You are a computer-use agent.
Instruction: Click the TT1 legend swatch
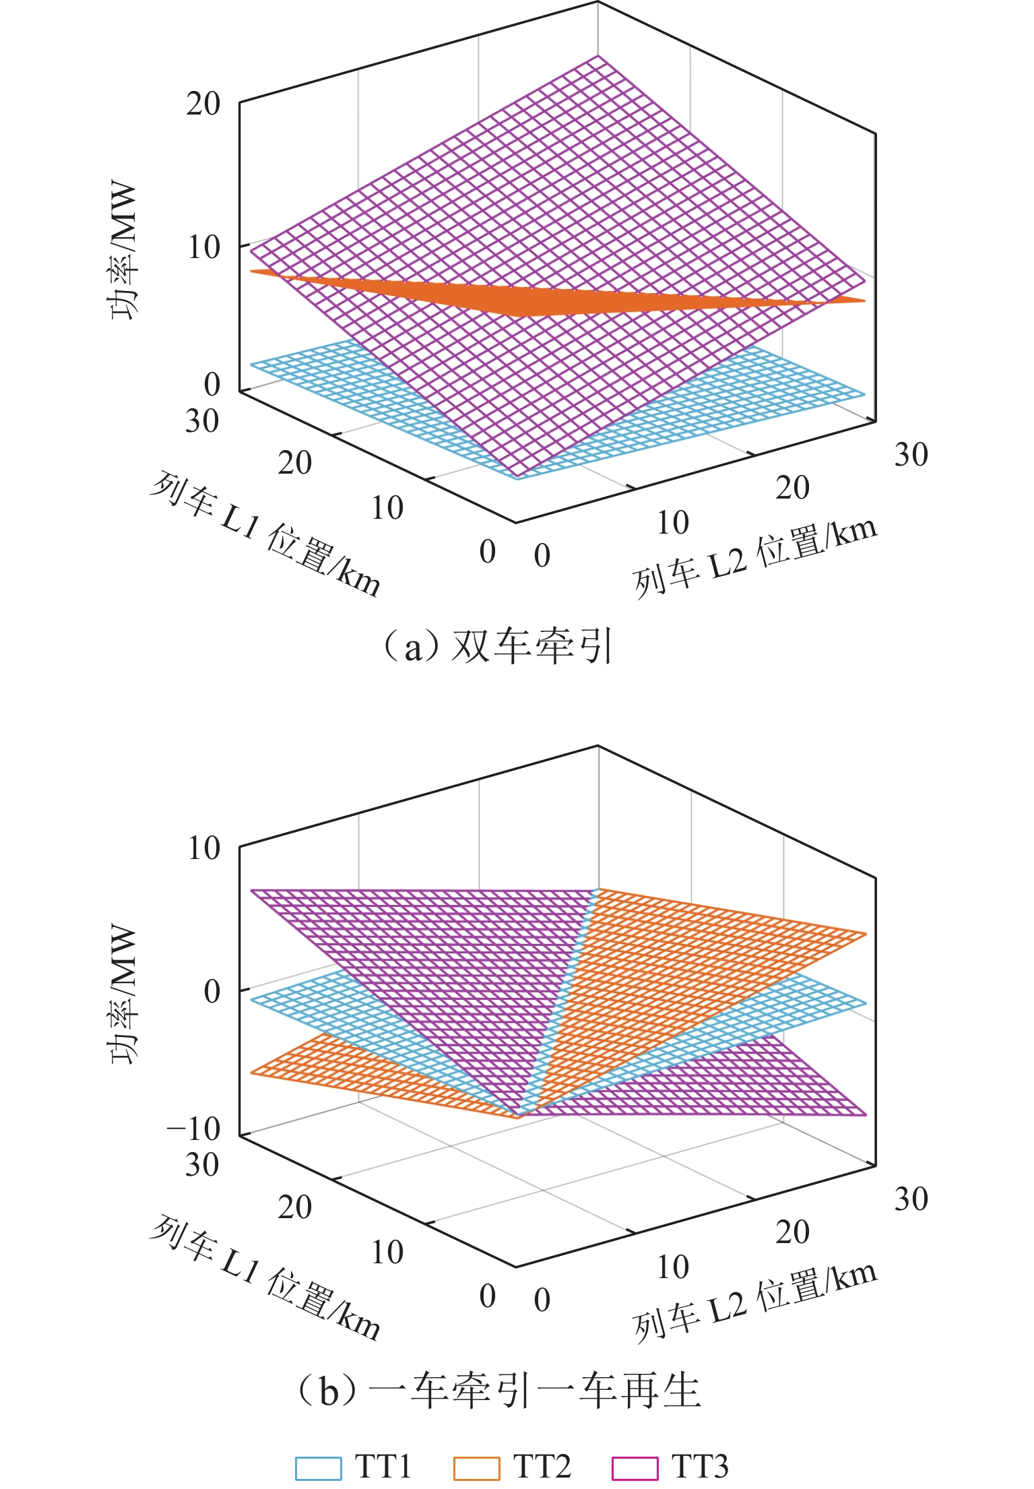point(318,1467)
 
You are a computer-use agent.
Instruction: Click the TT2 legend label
point(542,1466)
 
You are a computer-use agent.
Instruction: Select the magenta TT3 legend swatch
point(635,1467)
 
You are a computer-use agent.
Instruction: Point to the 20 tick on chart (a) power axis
point(203,104)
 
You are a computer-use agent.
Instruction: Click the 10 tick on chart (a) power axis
point(203,247)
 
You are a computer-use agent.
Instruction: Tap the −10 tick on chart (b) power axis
point(194,1128)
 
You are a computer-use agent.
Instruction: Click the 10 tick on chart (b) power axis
point(203,848)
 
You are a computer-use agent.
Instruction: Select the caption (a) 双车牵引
point(496,646)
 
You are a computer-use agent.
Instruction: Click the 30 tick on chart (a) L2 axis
point(911,455)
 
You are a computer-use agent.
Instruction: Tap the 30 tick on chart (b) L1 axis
point(202,1166)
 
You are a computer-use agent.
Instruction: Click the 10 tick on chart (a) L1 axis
point(387,508)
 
